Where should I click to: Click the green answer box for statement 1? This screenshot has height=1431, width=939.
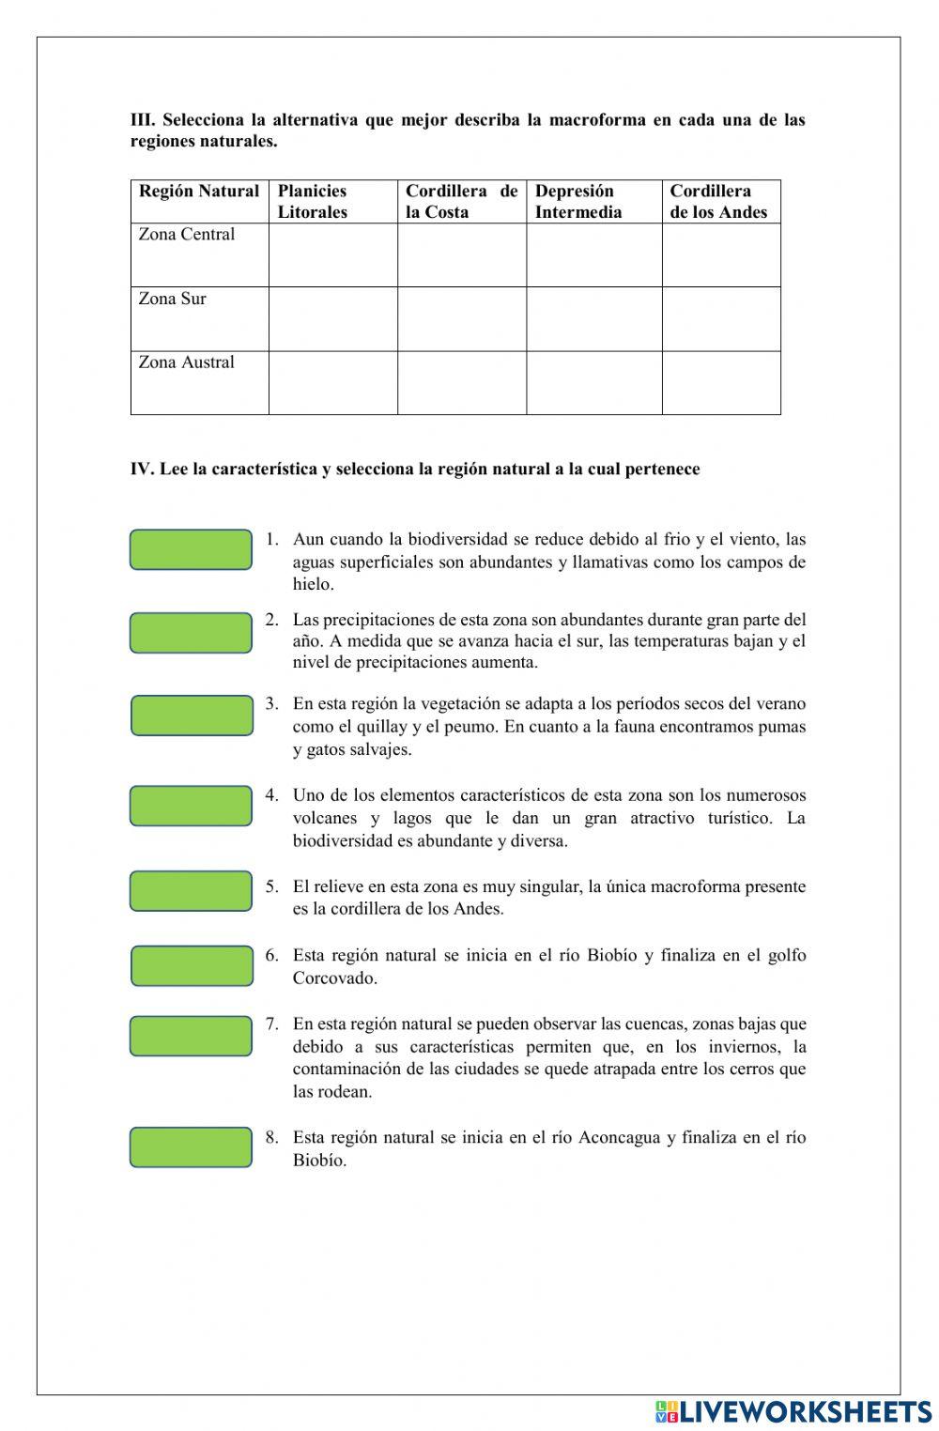(x=191, y=549)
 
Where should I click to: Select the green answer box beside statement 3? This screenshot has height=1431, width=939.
(x=192, y=715)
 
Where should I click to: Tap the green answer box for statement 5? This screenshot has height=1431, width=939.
(x=191, y=891)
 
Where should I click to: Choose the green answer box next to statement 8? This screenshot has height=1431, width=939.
(x=191, y=1146)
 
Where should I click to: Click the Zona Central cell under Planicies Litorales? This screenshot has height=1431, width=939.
(x=332, y=254)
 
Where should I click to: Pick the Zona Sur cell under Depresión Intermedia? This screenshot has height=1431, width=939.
(x=593, y=318)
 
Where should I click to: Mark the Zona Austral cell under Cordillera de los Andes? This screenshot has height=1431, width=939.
(x=720, y=382)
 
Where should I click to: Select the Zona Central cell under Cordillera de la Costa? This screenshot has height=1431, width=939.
(x=461, y=254)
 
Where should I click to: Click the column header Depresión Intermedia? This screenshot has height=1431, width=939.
(x=577, y=201)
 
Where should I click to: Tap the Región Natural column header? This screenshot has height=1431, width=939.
(x=199, y=192)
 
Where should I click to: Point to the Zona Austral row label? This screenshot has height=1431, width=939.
(x=186, y=362)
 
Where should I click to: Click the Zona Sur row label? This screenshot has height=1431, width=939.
(x=172, y=299)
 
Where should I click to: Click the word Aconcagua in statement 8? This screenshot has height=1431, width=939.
(x=619, y=1137)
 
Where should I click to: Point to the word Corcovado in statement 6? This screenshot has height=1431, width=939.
(x=334, y=977)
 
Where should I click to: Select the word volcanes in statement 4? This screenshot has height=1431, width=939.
(x=324, y=818)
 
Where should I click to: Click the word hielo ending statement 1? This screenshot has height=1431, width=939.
(x=312, y=584)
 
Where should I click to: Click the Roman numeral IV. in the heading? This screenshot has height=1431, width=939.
(x=142, y=469)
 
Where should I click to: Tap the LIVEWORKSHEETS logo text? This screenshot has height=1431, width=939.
(x=805, y=1410)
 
